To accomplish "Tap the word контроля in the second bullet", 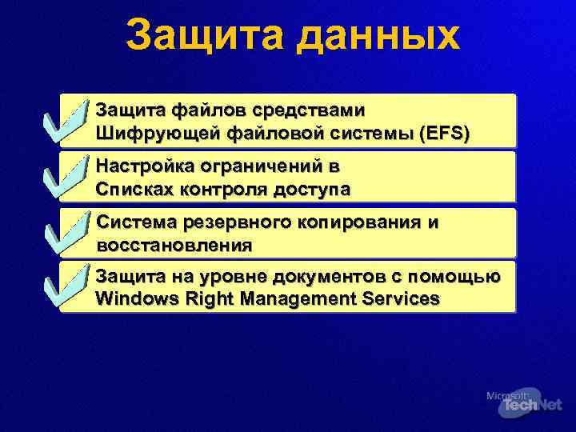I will pos(210,190).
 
